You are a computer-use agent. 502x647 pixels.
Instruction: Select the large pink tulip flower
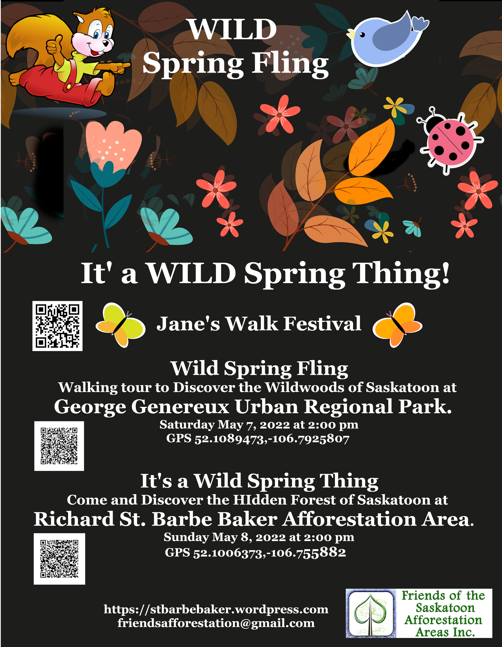pos(113,145)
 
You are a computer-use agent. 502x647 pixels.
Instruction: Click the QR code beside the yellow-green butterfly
pos(57,326)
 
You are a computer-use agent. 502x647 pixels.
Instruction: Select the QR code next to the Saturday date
pos(59,446)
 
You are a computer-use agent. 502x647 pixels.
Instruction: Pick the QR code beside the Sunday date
pos(59,559)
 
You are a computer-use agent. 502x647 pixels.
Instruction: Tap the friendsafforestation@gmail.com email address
pos(216,623)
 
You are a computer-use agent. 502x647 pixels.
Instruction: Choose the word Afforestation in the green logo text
pos(443,620)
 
